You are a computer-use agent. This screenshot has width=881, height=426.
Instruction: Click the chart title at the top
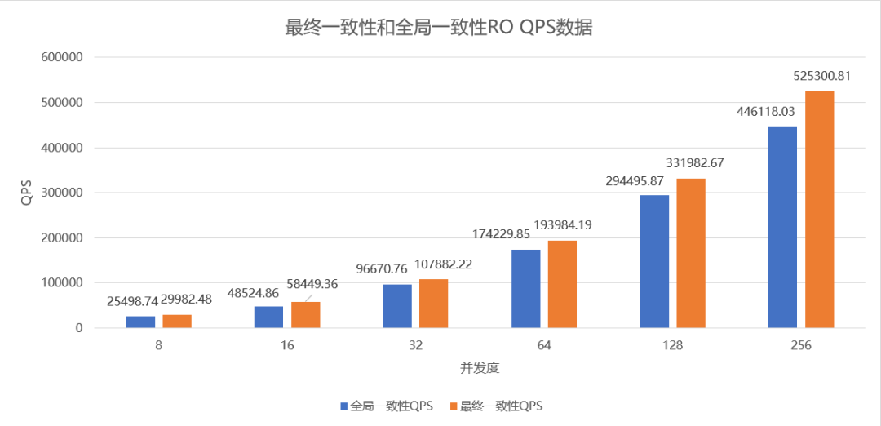[438, 28]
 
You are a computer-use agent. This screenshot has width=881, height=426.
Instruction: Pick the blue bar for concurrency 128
[654, 261]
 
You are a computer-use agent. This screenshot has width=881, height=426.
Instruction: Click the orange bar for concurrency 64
[562, 284]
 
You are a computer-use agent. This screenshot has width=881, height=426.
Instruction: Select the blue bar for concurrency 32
[397, 306]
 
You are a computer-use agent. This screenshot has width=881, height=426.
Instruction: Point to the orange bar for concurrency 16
[305, 315]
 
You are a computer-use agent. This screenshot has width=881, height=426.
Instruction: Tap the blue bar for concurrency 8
[140, 322]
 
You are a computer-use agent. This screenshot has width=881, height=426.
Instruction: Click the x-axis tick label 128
[672, 346]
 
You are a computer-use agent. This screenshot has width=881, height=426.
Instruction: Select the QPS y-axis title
[27, 193]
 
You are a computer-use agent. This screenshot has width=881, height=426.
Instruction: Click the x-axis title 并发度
[480, 368]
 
